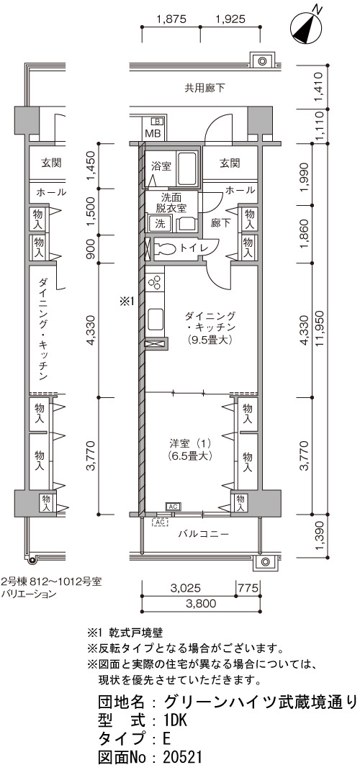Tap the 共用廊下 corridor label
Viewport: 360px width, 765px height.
[205, 89]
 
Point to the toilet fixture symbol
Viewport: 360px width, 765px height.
[166, 248]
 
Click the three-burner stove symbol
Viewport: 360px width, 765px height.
[155, 283]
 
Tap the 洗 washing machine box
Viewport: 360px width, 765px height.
[160, 224]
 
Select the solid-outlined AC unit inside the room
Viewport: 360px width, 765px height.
[174, 507]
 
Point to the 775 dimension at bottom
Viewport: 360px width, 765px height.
[248, 588]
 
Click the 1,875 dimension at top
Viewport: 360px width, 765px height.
[171, 19]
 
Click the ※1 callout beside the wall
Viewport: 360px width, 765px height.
[127, 302]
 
